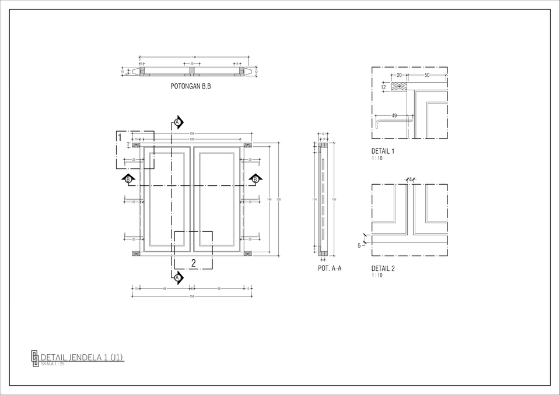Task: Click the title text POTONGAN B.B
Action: pyautogui.click(x=190, y=86)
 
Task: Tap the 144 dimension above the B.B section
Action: pyautogui.click(x=194, y=57)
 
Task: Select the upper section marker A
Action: pyautogui.click(x=177, y=122)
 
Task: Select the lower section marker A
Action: pyautogui.click(x=177, y=277)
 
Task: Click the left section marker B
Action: pyautogui.click(x=128, y=178)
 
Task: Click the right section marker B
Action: pyautogui.click(x=255, y=178)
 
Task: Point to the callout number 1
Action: pyautogui.click(x=120, y=137)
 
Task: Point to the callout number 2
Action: pyautogui.click(x=193, y=263)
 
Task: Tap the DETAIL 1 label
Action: pyautogui.click(x=383, y=151)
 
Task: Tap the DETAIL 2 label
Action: pyautogui.click(x=383, y=269)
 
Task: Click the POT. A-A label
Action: pyautogui.click(x=330, y=269)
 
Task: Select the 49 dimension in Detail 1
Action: pyautogui.click(x=394, y=116)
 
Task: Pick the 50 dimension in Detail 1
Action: pyautogui.click(x=427, y=76)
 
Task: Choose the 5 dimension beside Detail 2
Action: pyautogui.click(x=359, y=245)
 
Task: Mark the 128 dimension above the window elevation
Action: pyautogui.click(x=192, y=139)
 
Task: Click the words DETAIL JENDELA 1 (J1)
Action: pyautogui.click(x=82, y=357)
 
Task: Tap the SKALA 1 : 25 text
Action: pyautogui.click(x=52, y=364)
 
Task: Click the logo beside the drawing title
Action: pyautogui.click(x=34, y=358)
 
